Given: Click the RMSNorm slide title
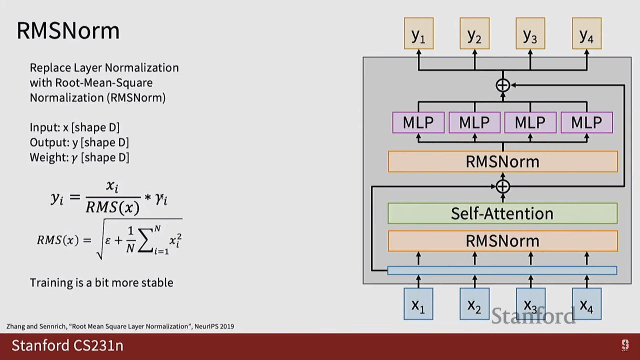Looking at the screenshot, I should point(68,31).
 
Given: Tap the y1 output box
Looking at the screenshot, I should point(419,34).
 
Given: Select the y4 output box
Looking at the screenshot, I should point(587,34).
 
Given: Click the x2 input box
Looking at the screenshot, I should point(474,304).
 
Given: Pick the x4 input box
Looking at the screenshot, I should point(587,304).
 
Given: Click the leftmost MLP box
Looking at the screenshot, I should point(418,123).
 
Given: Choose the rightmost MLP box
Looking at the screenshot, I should point(587,123).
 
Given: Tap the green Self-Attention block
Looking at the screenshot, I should point(502,213).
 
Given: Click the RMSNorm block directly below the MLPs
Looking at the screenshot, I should point(502,162).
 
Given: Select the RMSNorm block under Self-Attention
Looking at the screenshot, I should point(502,241).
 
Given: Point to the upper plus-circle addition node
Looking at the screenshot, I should point(503,85).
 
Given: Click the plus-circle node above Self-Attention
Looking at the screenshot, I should point(503,186).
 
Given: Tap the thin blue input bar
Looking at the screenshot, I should point(502,270).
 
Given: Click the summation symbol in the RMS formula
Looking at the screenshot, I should point(145,241).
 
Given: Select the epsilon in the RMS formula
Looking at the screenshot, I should point(108,240).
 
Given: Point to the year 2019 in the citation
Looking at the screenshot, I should point(227,326).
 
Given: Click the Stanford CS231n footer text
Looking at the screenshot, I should point(67,345).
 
